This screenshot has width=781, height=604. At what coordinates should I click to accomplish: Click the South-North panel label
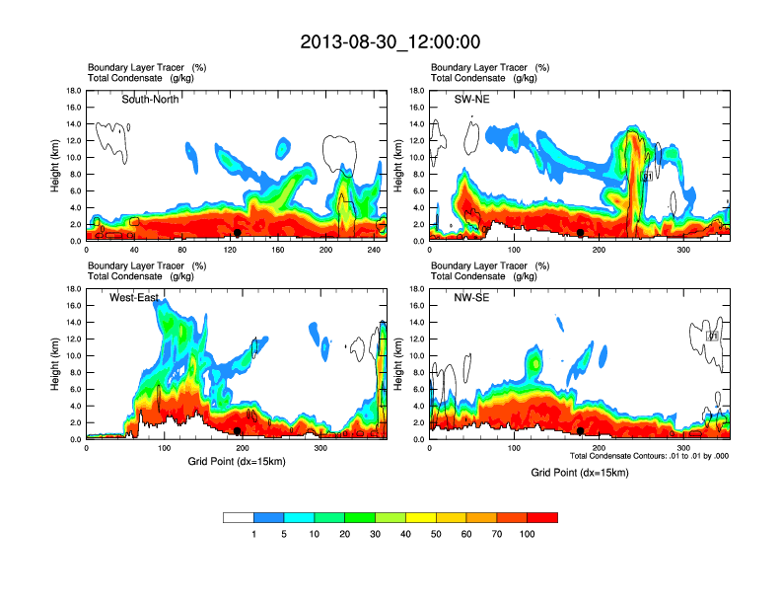(150, 99)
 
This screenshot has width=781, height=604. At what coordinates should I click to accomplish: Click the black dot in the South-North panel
(238, 233)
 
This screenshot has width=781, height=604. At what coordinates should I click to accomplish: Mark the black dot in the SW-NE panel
(581, 233)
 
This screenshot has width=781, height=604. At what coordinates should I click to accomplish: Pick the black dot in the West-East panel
(238, 431)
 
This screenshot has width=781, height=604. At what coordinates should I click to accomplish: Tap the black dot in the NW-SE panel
(581, 431)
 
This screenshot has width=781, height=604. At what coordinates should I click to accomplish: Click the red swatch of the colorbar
(542, 517)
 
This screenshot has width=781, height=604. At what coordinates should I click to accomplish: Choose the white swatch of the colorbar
(239, 517)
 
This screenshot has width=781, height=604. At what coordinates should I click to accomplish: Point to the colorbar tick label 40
(405, 534)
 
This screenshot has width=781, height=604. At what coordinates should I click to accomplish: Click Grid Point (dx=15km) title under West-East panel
(237, 462)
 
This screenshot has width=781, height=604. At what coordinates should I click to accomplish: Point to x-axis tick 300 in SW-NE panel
(682, 250)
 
